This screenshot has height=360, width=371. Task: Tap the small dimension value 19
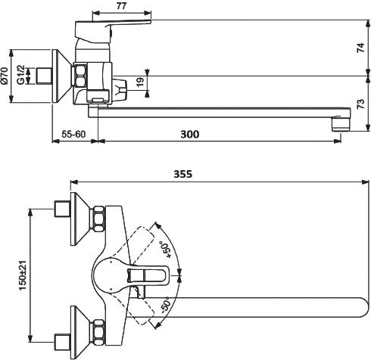pyautogui.click(x=141, y=83)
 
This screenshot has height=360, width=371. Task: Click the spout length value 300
pyautogui.click(x=190, y=134)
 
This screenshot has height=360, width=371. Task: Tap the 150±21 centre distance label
pyautogui.click(x=23, y=275)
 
